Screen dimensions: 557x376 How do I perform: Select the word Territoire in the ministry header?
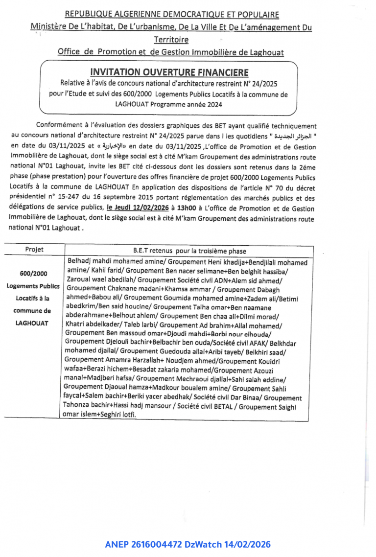[x=171, y=40]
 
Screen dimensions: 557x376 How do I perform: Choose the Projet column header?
[x=34, y=250]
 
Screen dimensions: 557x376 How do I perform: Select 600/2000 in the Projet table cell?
[x=34, y=274]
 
